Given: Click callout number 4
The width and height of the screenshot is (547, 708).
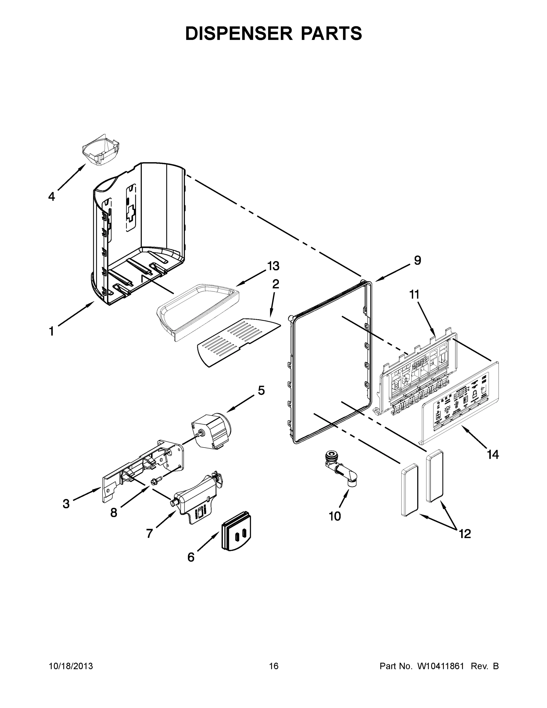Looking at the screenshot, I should pyautogui.click(x=52, y=196).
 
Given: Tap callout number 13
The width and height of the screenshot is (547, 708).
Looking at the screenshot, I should pyautogui.click(x=273, y=266).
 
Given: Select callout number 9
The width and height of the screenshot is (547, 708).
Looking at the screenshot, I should pyautogui.click(x=417, y=260).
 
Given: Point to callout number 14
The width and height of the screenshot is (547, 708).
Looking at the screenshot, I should pyautogui.click(x=492, y=455).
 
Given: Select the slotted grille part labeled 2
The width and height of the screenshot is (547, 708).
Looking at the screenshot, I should pyautogui.click(x=238, y=342).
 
